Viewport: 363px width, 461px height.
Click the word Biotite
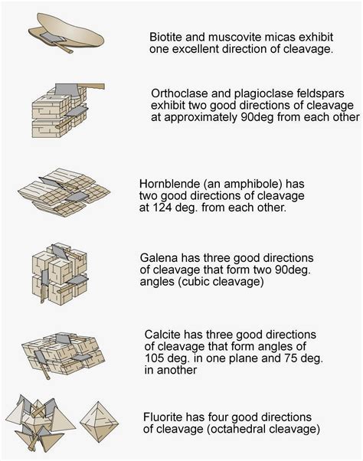click(166, 35)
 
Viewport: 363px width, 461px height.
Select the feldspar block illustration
click(64, 111)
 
